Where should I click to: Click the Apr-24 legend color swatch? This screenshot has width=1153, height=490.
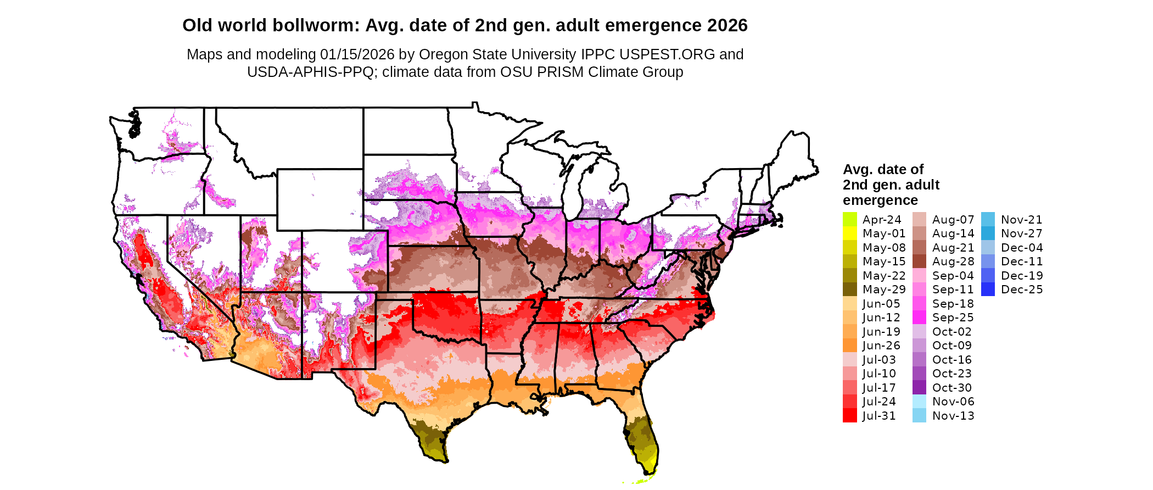[849, 219]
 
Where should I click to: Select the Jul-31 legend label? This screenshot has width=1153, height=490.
[879, 416]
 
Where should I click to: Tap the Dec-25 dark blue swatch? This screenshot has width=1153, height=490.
[988, 289]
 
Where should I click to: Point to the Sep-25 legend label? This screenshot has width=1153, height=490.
[953, 318]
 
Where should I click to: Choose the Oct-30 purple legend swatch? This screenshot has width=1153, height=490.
[919, 388]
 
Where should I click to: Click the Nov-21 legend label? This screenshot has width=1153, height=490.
[1021, 220]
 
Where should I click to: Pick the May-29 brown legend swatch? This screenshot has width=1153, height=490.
[849, 289]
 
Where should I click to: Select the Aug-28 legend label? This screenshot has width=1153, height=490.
[953, 261]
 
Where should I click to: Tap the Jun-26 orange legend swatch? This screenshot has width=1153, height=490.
[849, 346]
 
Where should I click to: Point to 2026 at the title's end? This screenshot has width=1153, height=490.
[727, 25]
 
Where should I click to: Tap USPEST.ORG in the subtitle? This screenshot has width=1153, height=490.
[667, 54]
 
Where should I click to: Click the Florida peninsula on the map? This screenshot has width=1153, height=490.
[643, 439]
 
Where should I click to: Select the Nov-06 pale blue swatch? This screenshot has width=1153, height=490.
[919, 402]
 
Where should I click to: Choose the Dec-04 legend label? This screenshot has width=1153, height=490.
[1022, 248]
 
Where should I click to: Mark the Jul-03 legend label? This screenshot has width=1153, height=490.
[879, 360]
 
